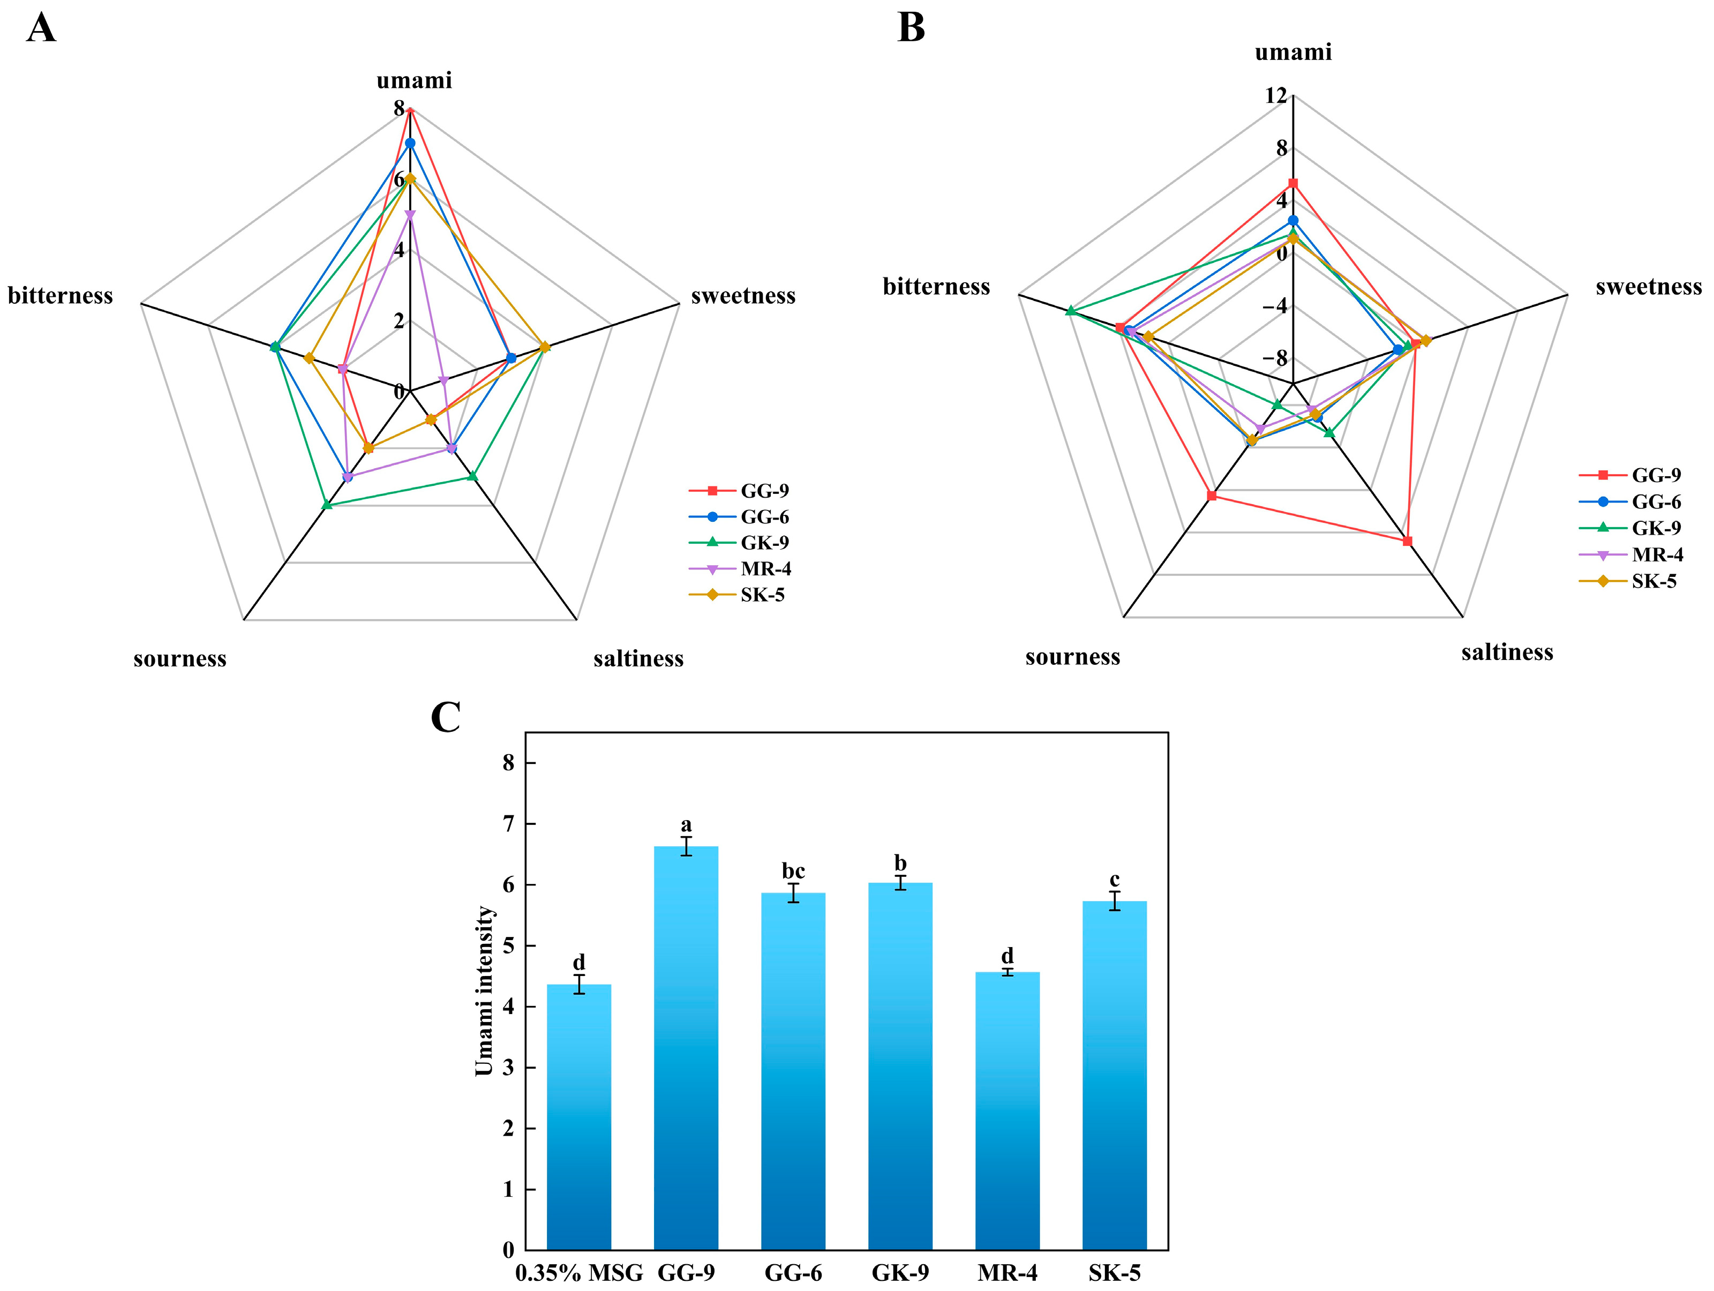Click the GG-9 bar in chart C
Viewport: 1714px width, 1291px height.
tap(686, 1046)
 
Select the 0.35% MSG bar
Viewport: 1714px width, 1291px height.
tap(579, 1116)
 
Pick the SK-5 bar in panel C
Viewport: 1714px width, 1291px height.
tap(1114, 1074)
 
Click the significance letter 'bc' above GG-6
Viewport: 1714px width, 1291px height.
tap(793, 871)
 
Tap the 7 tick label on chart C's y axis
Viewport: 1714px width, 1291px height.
tap(508, 824)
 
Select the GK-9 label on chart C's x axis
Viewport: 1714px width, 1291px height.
tap(900, 1273)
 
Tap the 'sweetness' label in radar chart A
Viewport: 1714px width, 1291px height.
tap(743, 296)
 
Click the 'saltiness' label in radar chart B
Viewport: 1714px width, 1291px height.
tap(1507, 652)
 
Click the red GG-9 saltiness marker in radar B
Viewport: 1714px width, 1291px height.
tap(1407, 541)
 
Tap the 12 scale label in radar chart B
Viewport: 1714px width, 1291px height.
tap(1275, 95)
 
